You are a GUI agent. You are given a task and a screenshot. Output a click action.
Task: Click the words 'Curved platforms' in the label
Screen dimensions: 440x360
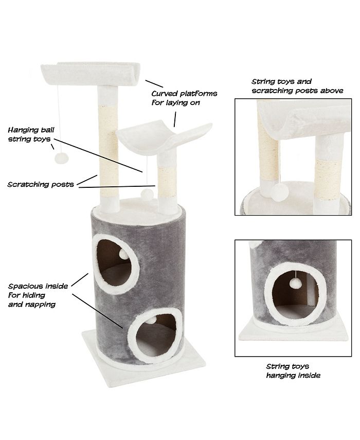click(x=184, y=94)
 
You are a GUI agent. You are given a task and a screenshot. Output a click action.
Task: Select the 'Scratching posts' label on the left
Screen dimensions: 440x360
click(x=40, y=184)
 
